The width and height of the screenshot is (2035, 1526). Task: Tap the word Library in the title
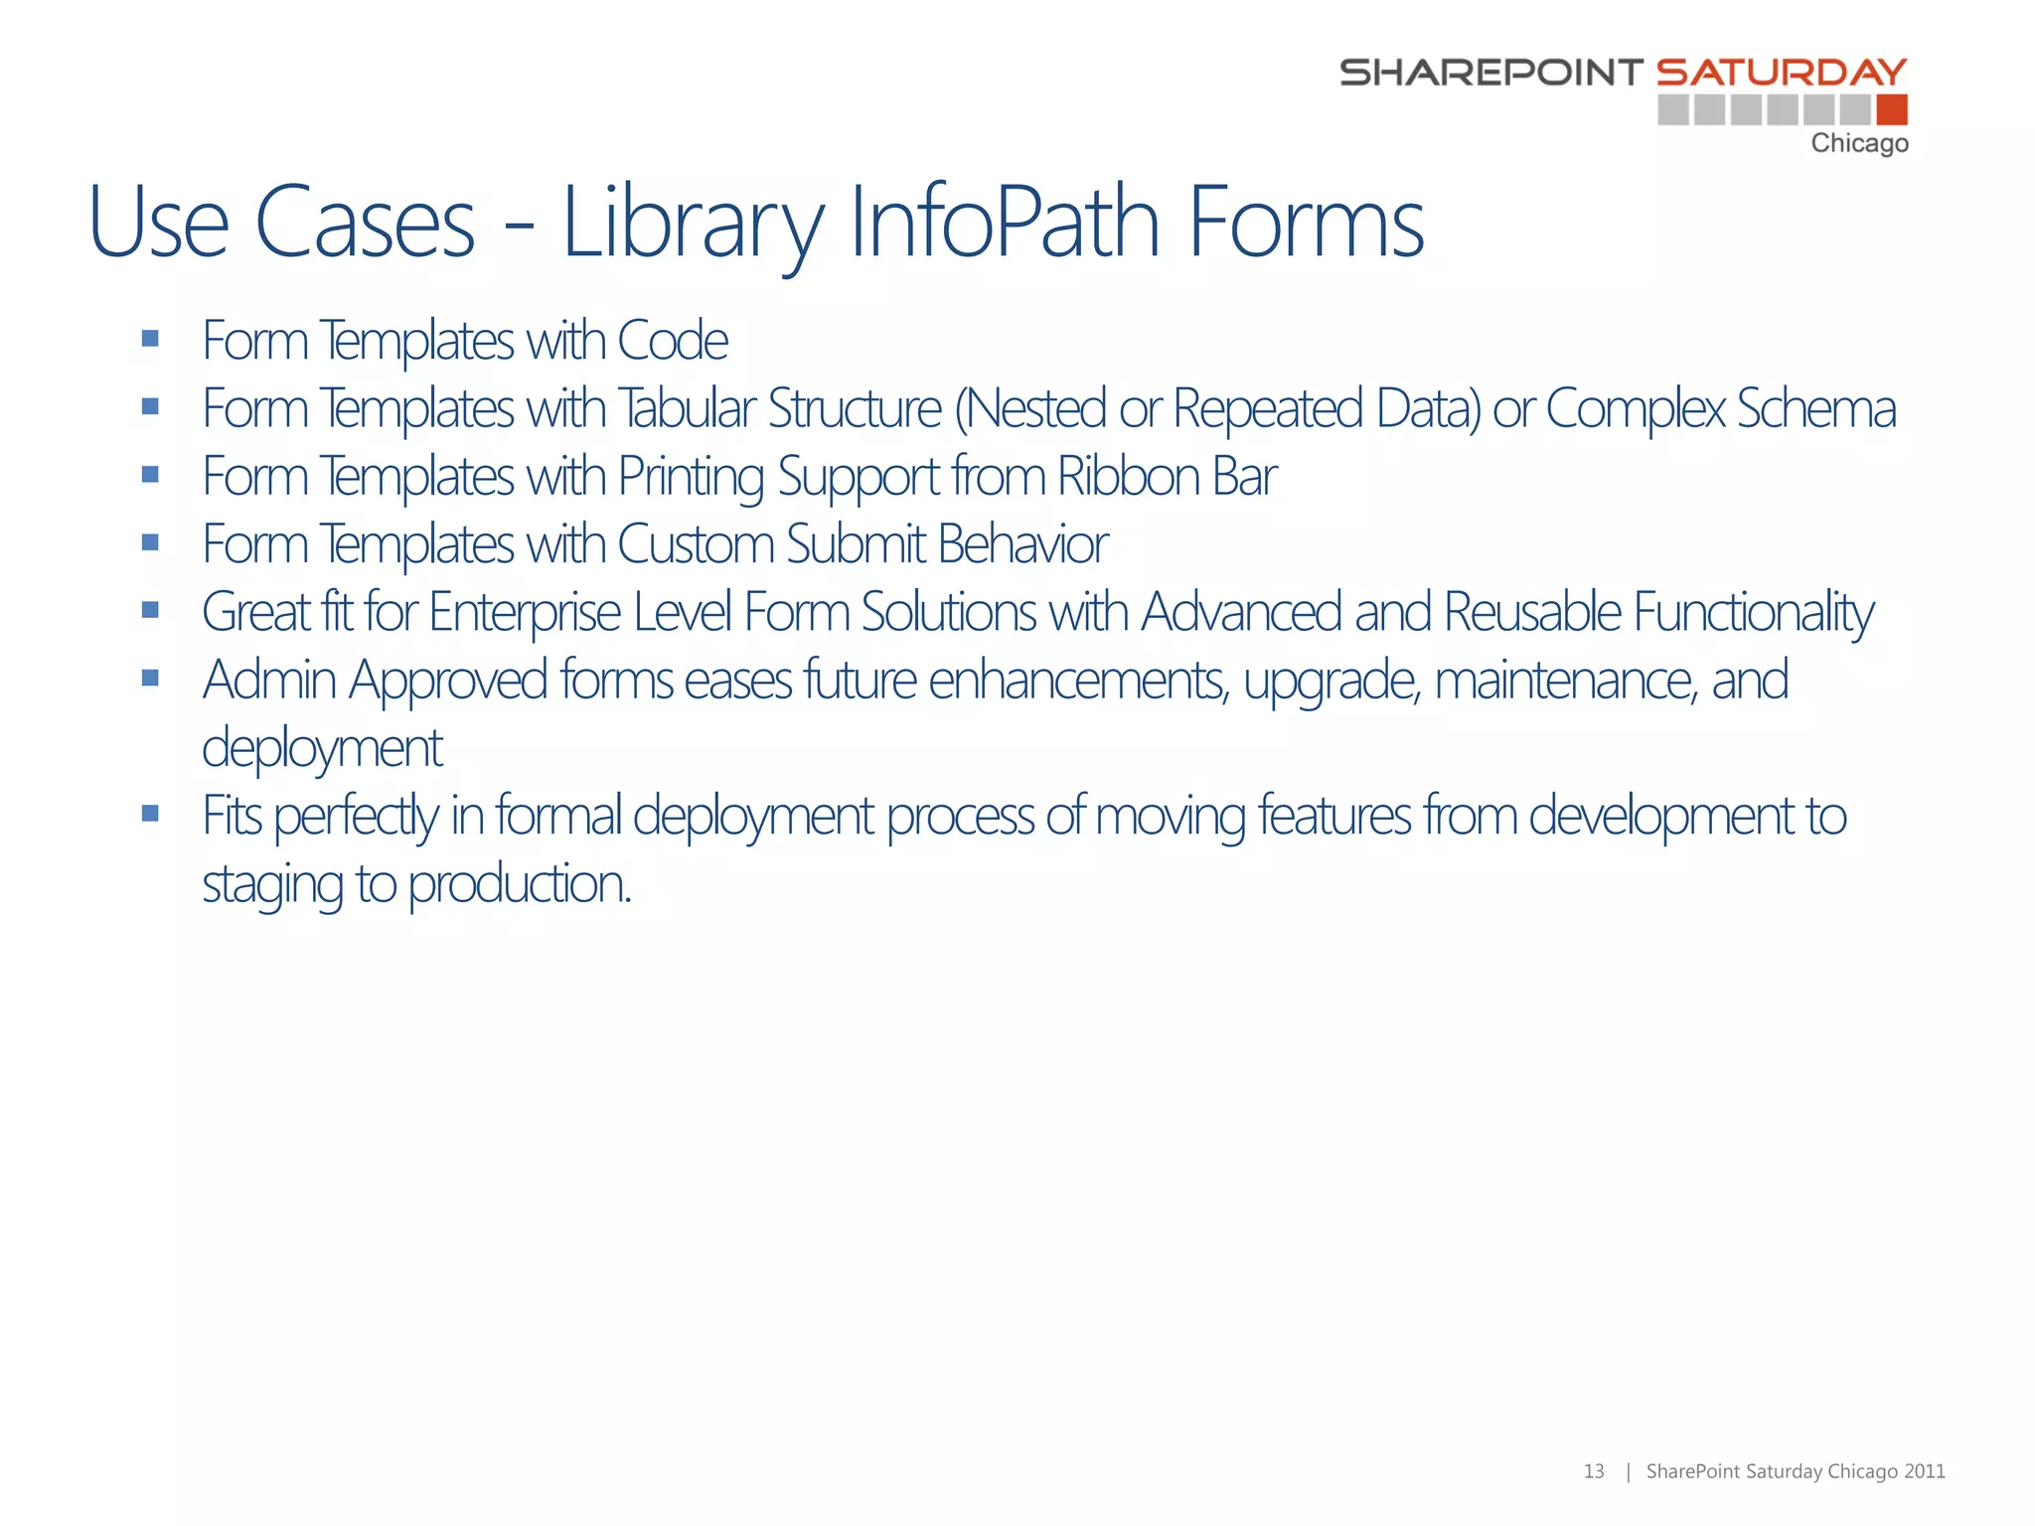[x=693, y=225]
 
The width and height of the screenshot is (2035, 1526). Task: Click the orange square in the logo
[x=1892, y=109]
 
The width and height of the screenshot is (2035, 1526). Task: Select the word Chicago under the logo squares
[x=1859, y=144]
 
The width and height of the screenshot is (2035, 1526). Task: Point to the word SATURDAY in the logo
[x=1782, y=73]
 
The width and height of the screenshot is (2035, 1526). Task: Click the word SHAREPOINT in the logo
[x=1490, y=73]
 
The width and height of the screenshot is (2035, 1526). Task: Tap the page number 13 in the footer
[x=1594, y=1471]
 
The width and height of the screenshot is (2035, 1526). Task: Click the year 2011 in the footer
[x=1925, y=1471]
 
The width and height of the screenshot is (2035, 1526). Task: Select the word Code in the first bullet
[x=673, y=341]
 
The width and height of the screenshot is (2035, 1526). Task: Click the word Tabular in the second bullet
[x=687, y=408]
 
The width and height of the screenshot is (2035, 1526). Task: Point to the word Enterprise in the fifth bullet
[x=525, y=612]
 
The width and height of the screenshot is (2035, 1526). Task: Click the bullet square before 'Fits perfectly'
[x=150, y=814]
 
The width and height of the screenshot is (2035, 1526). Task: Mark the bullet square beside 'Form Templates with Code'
[x=150, y=339]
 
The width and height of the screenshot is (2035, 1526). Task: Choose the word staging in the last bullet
[x=272, y=884]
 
